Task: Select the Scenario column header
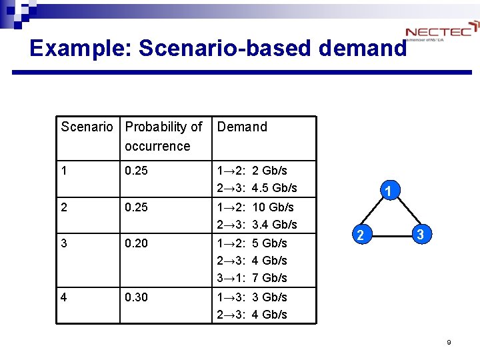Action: pos(87,127)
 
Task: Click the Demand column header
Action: pos(242,127)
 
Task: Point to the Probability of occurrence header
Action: pos(163,136)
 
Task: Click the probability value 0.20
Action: pos(137,243)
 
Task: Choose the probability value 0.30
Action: pos(137,297)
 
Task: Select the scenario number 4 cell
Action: pos(64,297)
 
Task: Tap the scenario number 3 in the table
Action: pos(64,243)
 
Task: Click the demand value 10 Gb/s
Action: pos(273,207)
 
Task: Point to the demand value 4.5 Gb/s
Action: pos(275,188)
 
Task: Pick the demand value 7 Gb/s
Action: pos(270,278)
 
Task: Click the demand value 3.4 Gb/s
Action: pos(275,225)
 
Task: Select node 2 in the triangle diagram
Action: pos(361,235)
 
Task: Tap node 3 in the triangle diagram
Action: pos(420,235)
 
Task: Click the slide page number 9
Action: pos(449,343)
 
